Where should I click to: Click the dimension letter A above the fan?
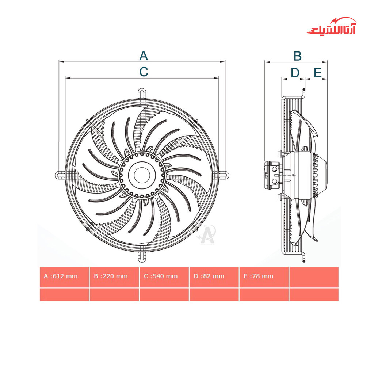(x=144, y=56)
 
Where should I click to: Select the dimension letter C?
(x=144, y=72)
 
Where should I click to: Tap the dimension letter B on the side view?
(x=297, y=56)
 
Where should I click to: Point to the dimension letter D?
(x=295, y=73)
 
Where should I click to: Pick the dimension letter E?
(x=318, y=73)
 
